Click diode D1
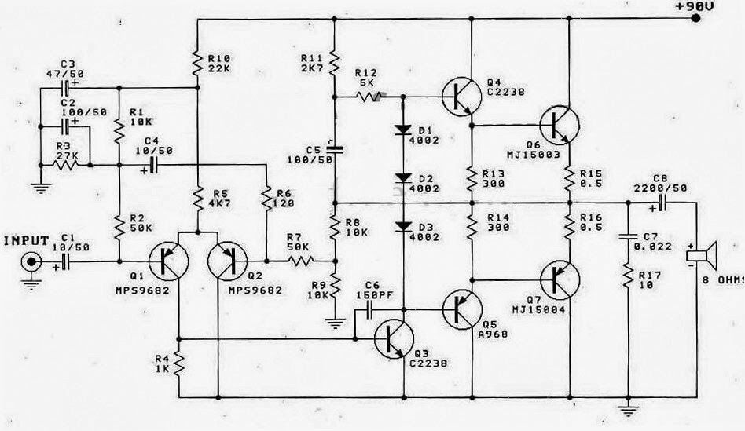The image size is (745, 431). coord(403,129)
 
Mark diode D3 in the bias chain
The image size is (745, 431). coord(403,226)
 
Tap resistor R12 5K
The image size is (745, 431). coord(368,97)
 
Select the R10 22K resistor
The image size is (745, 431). coord(196,59)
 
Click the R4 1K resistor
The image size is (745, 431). coord(179,363)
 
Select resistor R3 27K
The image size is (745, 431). coord(64,165)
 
